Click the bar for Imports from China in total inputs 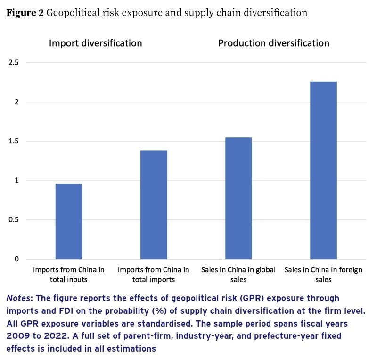tap(69, 221)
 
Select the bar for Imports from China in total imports tap(154, 205)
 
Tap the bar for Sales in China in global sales tap(238, 198)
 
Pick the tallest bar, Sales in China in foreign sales tap(323, 170)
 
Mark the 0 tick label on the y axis tap(16, 259)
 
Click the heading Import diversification tap(96, 43)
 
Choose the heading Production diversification tap(274, 43)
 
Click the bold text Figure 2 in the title tap(25, 13)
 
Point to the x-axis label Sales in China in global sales tap(238, 275)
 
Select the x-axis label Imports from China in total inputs tap(69, 275)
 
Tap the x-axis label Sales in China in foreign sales tap(323, 275)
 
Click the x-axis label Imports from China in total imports tap(154, 275)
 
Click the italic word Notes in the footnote tap(17, 299)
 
